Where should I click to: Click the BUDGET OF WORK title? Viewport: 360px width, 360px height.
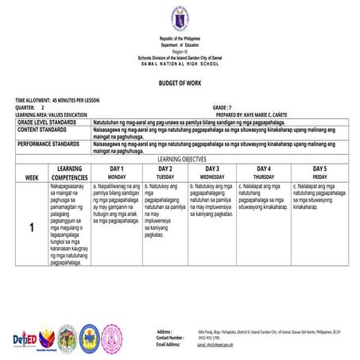tap(180, 82)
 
